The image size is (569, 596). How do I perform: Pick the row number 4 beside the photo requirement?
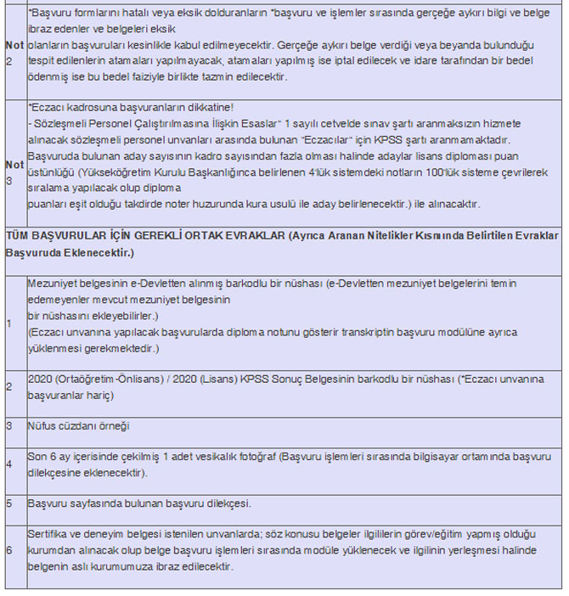tap(9, 464)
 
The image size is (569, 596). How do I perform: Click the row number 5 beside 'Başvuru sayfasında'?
tap(9, 503)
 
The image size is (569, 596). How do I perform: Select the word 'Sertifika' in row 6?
tap(49, 535)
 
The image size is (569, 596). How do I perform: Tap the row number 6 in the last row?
tap(9, 550)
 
